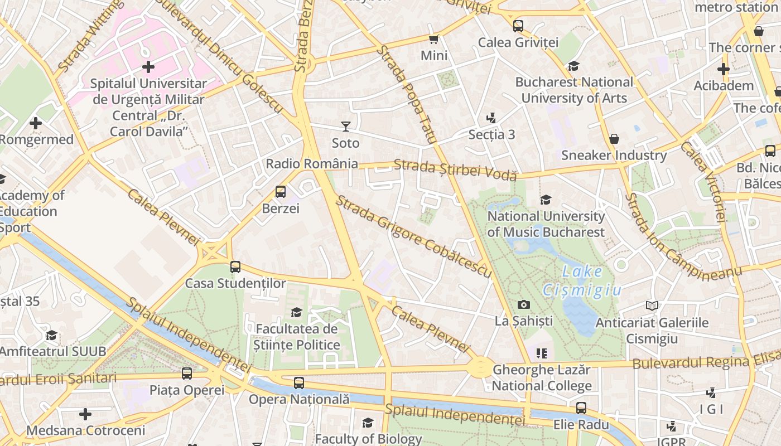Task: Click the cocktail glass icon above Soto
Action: (x=346, y=127)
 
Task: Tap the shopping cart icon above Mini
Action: (x=433, y=39)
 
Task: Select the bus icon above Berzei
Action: (x=281, y=192)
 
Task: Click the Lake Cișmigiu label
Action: (x=582, y=281)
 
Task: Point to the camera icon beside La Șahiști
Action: (x=523, y=304)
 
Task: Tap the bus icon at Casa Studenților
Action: (x=235, y=266)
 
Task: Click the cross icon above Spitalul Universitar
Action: (x=148, y=67)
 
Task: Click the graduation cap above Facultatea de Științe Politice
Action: (x=297, y=312)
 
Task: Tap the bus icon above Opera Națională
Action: (x=299, y=382)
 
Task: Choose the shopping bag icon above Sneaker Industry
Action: (x=614, y=138)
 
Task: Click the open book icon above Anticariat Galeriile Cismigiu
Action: (x=652, y=306)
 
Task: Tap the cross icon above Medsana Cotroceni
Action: (x=85, y=414)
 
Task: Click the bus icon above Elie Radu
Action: (x=581, y=408)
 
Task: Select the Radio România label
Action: (x=312, y=164)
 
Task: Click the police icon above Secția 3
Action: (x=491, y=118)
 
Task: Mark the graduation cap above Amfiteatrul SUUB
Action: (x=52, y=335)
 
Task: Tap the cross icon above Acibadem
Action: (x=724, y=69)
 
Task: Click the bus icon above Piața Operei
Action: (x=187, y=374)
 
